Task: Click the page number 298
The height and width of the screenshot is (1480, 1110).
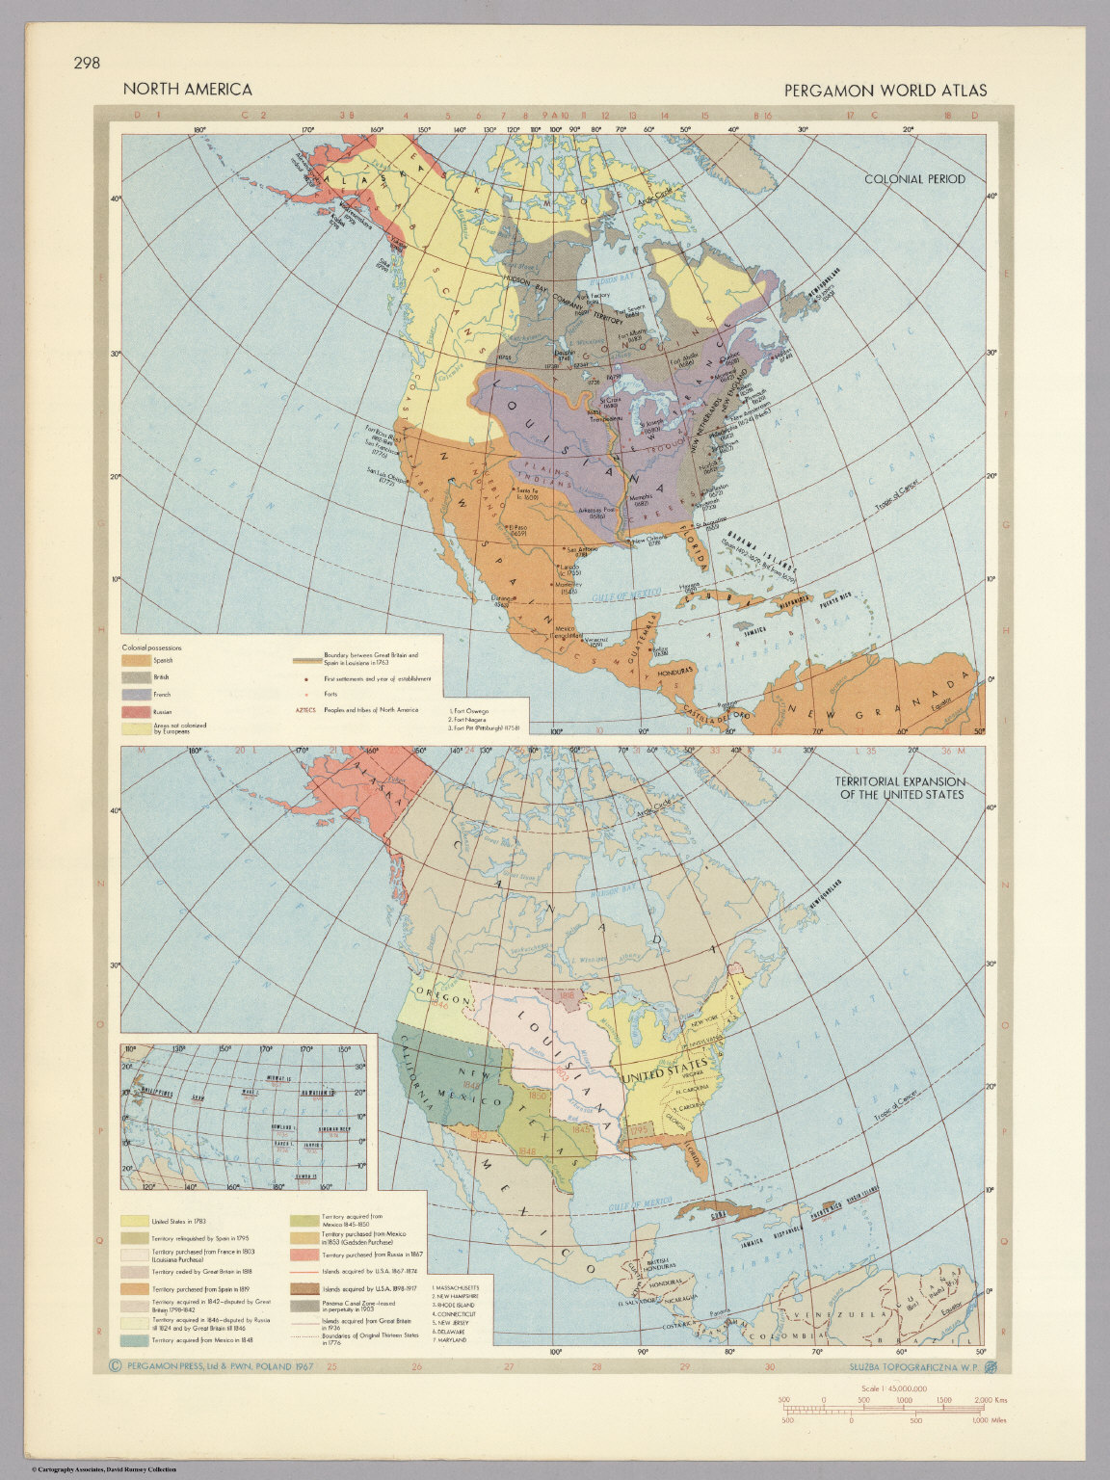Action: click(x=87, y=65)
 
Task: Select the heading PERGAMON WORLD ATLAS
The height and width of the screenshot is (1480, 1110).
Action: click(x=885, y=91)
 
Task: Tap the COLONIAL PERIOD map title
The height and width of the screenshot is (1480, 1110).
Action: click(x=914, y=179)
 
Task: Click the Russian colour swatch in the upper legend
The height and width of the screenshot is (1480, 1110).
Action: click(x=136, y=711)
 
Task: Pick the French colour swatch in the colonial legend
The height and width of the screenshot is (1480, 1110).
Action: click(x=136, y=695)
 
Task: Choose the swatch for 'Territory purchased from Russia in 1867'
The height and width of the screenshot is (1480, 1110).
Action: click(x=304, y=1255)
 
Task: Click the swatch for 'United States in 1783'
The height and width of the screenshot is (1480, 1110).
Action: click(x=136, y=1222)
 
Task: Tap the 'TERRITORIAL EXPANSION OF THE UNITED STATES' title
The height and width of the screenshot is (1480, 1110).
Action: click(x=901, y=787)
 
